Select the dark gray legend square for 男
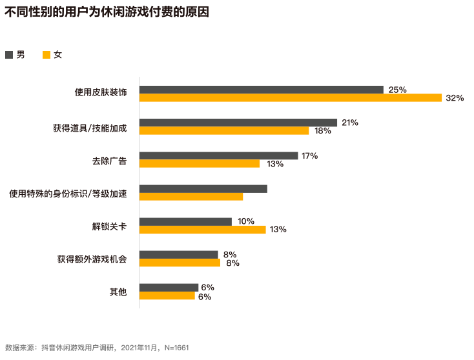(9, 55)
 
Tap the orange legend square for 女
(46, 55)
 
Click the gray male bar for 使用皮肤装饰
(261, 90)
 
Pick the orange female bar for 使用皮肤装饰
(290, 98)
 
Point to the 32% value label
(455, 98)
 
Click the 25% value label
(397, 90)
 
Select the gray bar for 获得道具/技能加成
(238, 123)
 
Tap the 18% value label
(323, 131)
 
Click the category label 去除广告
(108, 160)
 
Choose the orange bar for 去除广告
(199, 164)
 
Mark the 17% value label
(309, 155)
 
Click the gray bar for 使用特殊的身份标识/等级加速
(203, 189)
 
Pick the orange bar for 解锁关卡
(202, 230)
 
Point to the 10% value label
(246, 221)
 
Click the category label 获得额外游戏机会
(92, 259)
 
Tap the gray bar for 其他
(169, 288)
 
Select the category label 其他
(118, 292)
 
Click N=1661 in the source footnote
(176, 348)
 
